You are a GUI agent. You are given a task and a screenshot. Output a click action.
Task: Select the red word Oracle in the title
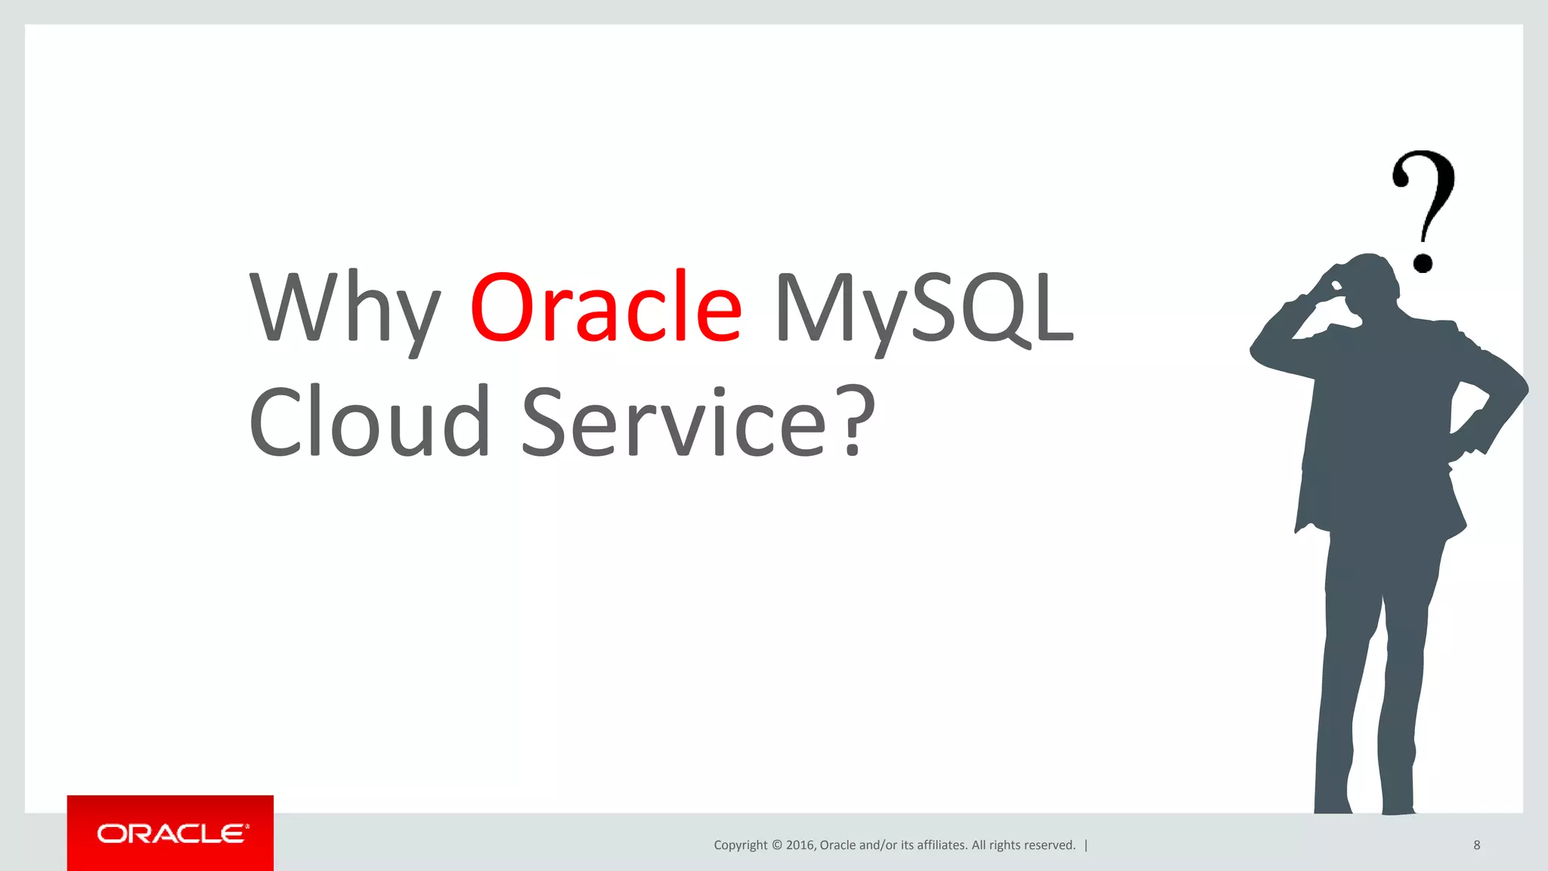(x=605, y=306)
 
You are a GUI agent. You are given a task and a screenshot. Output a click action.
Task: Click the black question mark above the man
(x=1425, y=200)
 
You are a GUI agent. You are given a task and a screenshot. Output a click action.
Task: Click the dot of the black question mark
(x=1423, y=262)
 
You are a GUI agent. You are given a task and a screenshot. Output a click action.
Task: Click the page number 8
(x=1476, y=845)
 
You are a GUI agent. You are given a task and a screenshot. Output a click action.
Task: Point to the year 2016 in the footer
(x=800, y=845)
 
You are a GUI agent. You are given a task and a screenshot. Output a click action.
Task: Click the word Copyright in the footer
(x=740, y=845)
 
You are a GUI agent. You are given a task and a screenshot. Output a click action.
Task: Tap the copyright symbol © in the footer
(x=776, y=845)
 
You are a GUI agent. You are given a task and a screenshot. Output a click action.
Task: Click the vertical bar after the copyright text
(x=1086, y=845)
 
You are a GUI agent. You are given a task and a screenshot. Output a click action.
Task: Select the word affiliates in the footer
(x=941, y=845)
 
